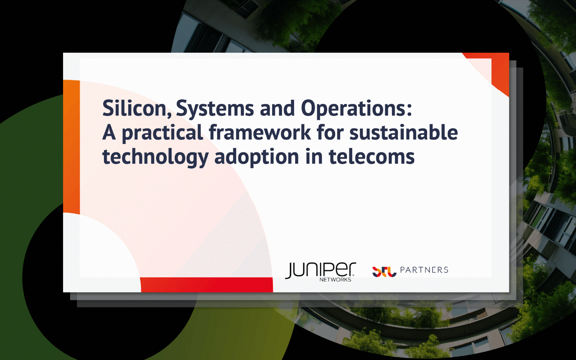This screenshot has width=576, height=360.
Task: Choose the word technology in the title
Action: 155,157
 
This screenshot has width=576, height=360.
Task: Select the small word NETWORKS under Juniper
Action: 335,279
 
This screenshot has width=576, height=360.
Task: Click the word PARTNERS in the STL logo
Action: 424,270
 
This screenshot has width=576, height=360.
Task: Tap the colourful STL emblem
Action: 384,271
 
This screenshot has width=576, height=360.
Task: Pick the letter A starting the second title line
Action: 109,133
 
